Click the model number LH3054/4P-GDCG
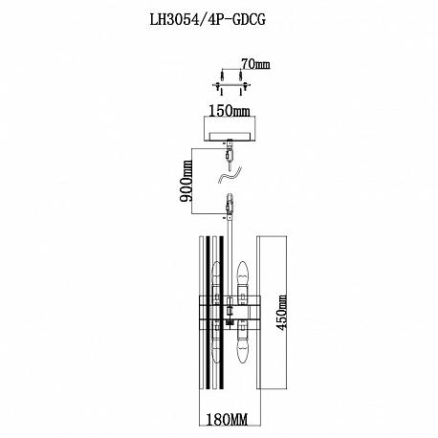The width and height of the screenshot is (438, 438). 208,20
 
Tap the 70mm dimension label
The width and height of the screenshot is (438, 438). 255,64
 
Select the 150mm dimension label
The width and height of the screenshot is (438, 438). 230,111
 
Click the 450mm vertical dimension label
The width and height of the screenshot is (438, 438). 282,313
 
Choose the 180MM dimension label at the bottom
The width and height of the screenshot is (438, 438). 227,420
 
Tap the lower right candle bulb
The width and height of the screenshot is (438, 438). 242,341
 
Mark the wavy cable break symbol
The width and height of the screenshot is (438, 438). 230,176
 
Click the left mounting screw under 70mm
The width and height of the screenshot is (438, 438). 222,76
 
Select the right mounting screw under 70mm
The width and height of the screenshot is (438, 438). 241,76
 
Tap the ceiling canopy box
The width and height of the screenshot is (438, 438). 230,129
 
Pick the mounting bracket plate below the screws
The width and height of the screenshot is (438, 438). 231,85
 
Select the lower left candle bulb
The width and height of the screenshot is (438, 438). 216,342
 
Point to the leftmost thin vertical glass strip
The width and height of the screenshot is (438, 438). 202,313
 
